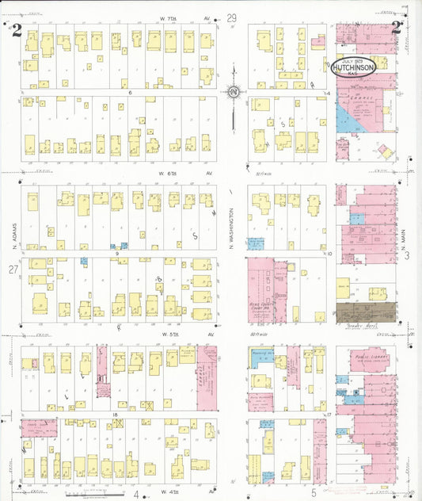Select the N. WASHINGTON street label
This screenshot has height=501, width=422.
tap(233, 227)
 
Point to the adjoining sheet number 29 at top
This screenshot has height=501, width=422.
tap(232, 18)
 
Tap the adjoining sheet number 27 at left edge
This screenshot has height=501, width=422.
tap(13, 270)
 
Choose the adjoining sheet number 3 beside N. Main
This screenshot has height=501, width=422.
tap(406, 255)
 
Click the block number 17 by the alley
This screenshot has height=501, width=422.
tap(327, 414)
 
